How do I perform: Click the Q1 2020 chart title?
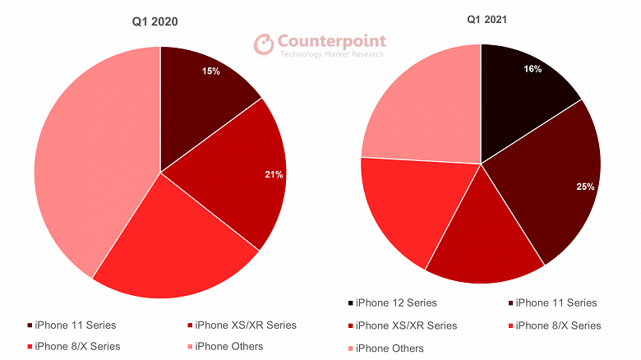point(154,22)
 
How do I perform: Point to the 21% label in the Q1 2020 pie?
point(274,174)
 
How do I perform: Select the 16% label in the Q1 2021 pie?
point(532,69)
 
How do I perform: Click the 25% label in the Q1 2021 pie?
point(584,187)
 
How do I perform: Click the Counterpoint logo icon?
point(263,44)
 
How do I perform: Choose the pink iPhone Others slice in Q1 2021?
point(419,107)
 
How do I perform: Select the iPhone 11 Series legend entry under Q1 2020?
point(74,325)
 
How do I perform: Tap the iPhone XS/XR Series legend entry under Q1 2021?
point(403,325)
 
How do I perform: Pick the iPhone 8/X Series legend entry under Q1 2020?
point(74,346)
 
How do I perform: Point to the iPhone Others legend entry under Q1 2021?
point(386,348)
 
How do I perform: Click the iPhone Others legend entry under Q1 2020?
point(226,346)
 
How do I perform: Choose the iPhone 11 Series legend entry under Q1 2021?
point(552,303)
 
